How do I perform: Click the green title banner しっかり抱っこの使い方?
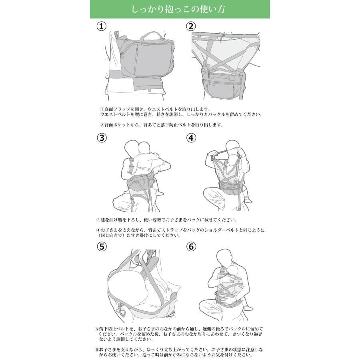tap(180, 9)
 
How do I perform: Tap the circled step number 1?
tap(102, 26)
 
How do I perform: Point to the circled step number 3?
tap(102, 138)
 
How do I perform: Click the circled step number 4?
tap(192, 138)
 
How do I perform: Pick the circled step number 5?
tap(102, 247)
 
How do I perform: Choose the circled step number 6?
tap(192, 247)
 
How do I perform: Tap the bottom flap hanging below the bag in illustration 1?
tap(146, 83)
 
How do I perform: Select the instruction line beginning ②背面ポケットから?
tap(160, 125)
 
